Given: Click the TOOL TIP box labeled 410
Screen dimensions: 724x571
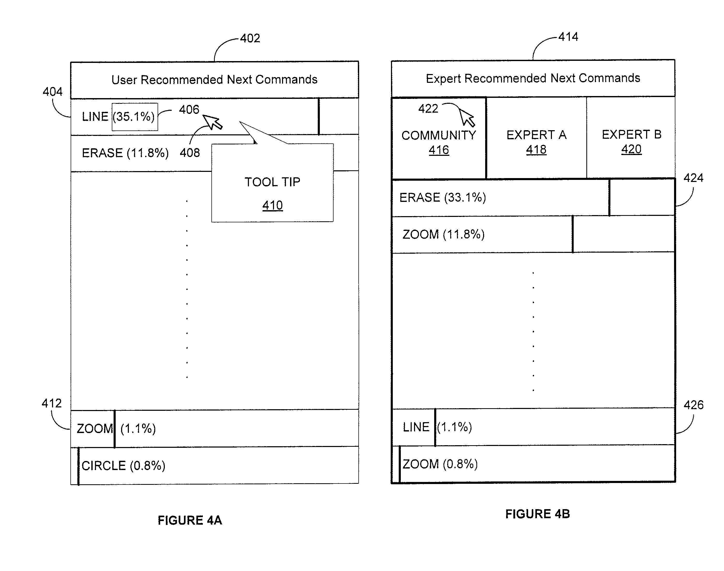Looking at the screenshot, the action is (x=272, y=182).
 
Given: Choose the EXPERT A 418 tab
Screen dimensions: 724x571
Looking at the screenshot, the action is (x=536, y=138).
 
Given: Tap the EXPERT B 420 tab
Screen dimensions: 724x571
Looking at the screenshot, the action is (x=631, y=138).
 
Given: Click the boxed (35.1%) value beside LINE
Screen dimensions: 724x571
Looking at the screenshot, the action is (x=135, y=117).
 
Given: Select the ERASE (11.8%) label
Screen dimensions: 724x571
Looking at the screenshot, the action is (x=125, y=153).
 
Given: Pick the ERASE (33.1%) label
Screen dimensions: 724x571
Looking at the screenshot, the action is (x=442, y=197).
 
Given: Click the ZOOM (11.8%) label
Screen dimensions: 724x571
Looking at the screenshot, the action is (x=444, y=234).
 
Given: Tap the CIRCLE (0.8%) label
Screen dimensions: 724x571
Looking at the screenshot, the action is (x=123, y=466).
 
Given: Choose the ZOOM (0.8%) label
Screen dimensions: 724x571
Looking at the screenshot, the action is (x=440, y=464).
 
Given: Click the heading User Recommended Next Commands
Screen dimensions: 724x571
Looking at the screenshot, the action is (x=214, y=79).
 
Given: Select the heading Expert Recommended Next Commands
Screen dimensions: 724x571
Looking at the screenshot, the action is (x=533, y=78).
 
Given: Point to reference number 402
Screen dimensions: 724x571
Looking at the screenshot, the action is (x=250, y=38).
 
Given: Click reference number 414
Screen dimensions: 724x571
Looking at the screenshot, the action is (x=568, y=37).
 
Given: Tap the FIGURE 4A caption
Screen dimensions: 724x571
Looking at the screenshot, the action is (x=190, y=521).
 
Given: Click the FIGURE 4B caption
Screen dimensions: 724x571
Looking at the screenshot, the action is (x=537, y=514).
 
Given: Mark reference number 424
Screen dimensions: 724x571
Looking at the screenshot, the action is (x=693, y=178).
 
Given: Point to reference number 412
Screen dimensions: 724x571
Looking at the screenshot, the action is (x=51, y=403).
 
